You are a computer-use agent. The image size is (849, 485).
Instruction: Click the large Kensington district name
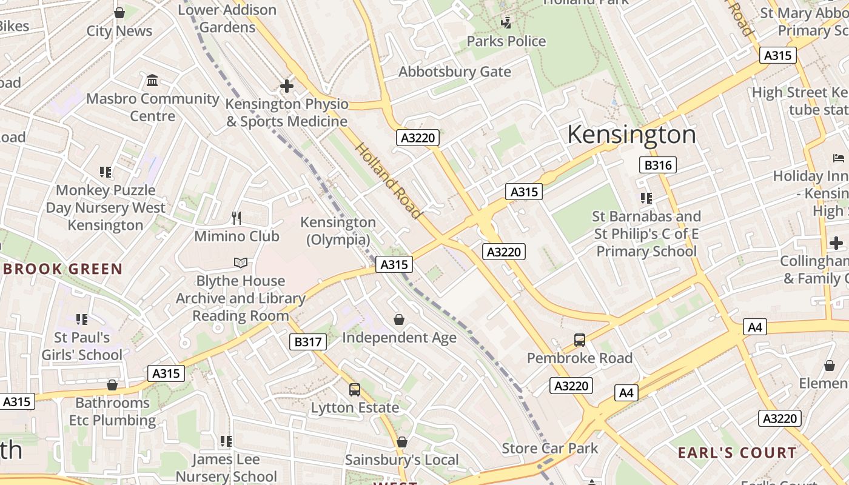coord(631,135)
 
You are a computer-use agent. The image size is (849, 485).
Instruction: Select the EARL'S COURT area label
coord(737,453)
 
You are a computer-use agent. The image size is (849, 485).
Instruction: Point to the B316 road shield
coord(657,165)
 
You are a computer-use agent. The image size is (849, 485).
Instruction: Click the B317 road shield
coord(307,342)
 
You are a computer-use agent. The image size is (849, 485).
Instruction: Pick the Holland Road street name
coord(388,180)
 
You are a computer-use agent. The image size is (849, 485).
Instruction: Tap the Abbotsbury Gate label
coord(454,72)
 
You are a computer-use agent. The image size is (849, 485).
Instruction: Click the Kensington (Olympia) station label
coord(338,231)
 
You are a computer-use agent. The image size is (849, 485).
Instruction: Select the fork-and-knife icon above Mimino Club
coord(237,218)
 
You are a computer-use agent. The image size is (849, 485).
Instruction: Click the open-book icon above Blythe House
coord(241,263)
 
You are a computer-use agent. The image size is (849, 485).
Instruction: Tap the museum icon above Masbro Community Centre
coord(152,80)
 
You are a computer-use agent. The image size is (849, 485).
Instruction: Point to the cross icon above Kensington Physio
coord(287,86)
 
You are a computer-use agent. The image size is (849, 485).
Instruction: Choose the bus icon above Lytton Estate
coord(355,390)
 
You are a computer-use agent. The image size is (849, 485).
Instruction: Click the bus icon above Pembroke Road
coord(580,340)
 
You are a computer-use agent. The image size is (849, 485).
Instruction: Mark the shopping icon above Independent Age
coord(399,319)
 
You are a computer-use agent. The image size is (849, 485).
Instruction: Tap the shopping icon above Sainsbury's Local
coord(401,443)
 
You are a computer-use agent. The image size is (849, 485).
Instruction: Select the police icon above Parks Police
coord(506,23)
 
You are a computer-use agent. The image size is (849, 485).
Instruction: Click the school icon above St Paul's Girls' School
coord(82,319)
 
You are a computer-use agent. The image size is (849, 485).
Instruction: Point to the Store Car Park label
coord(549,449)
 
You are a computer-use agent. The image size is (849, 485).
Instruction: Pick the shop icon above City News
coord(119,13)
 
